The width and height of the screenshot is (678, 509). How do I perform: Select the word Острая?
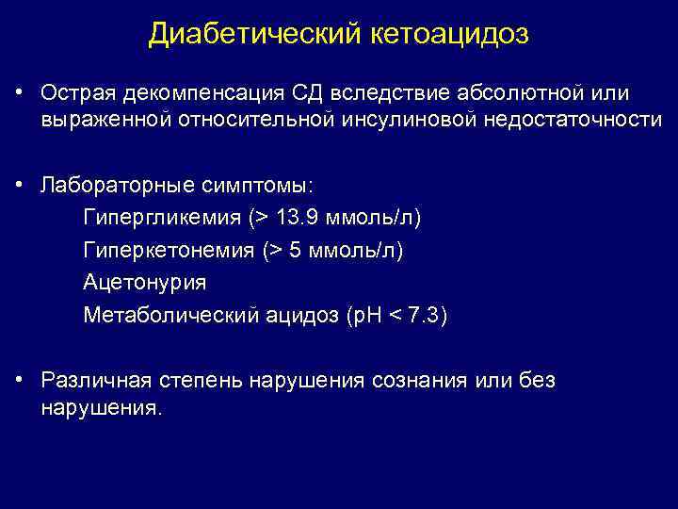coord(74,94)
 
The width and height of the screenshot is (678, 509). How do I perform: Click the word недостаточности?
coord(582,120)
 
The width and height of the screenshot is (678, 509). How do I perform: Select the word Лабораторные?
coord(105,185)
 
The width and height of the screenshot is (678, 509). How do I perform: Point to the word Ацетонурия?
coord(144,282)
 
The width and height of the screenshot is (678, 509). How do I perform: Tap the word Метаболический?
coord(169,314)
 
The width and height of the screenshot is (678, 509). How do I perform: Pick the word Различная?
coord(91,380)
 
